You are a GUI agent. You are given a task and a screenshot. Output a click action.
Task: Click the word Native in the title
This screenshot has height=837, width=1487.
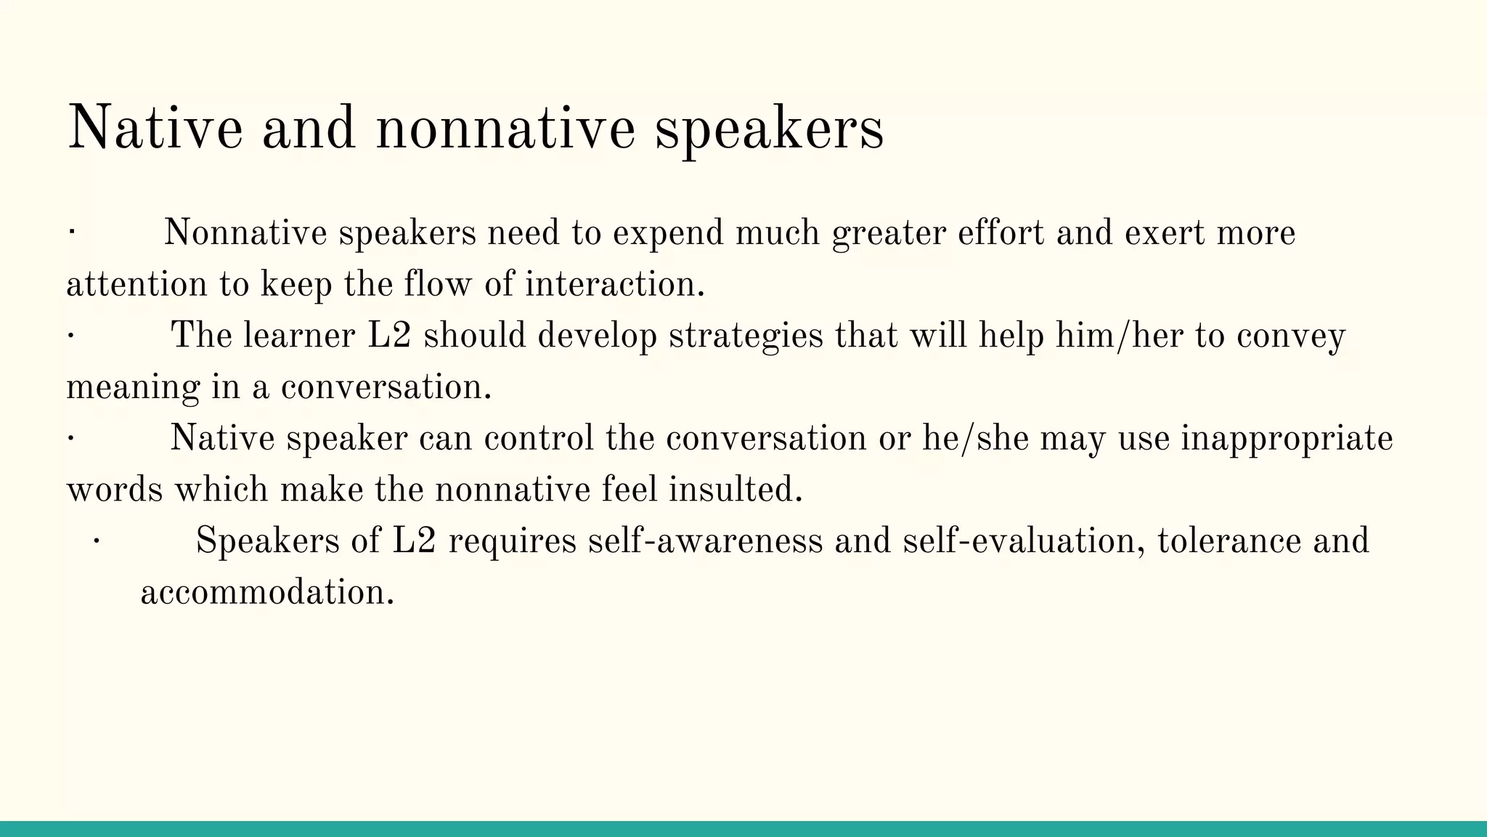(155, 129)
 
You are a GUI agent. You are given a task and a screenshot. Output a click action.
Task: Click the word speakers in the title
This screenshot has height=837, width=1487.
(769, 129)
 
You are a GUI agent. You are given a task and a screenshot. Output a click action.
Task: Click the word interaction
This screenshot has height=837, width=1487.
(614, 284)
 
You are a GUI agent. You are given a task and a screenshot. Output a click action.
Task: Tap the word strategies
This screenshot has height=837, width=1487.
(746, 336)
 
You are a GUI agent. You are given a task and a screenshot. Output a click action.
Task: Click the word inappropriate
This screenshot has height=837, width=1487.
(1287, 439)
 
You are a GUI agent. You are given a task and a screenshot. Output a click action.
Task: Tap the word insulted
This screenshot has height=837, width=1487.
(735, 490)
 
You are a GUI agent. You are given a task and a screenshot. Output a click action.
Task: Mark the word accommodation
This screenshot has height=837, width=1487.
(266, 593)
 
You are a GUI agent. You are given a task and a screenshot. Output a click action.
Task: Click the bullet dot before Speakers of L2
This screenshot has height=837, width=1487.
(96, 541)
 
